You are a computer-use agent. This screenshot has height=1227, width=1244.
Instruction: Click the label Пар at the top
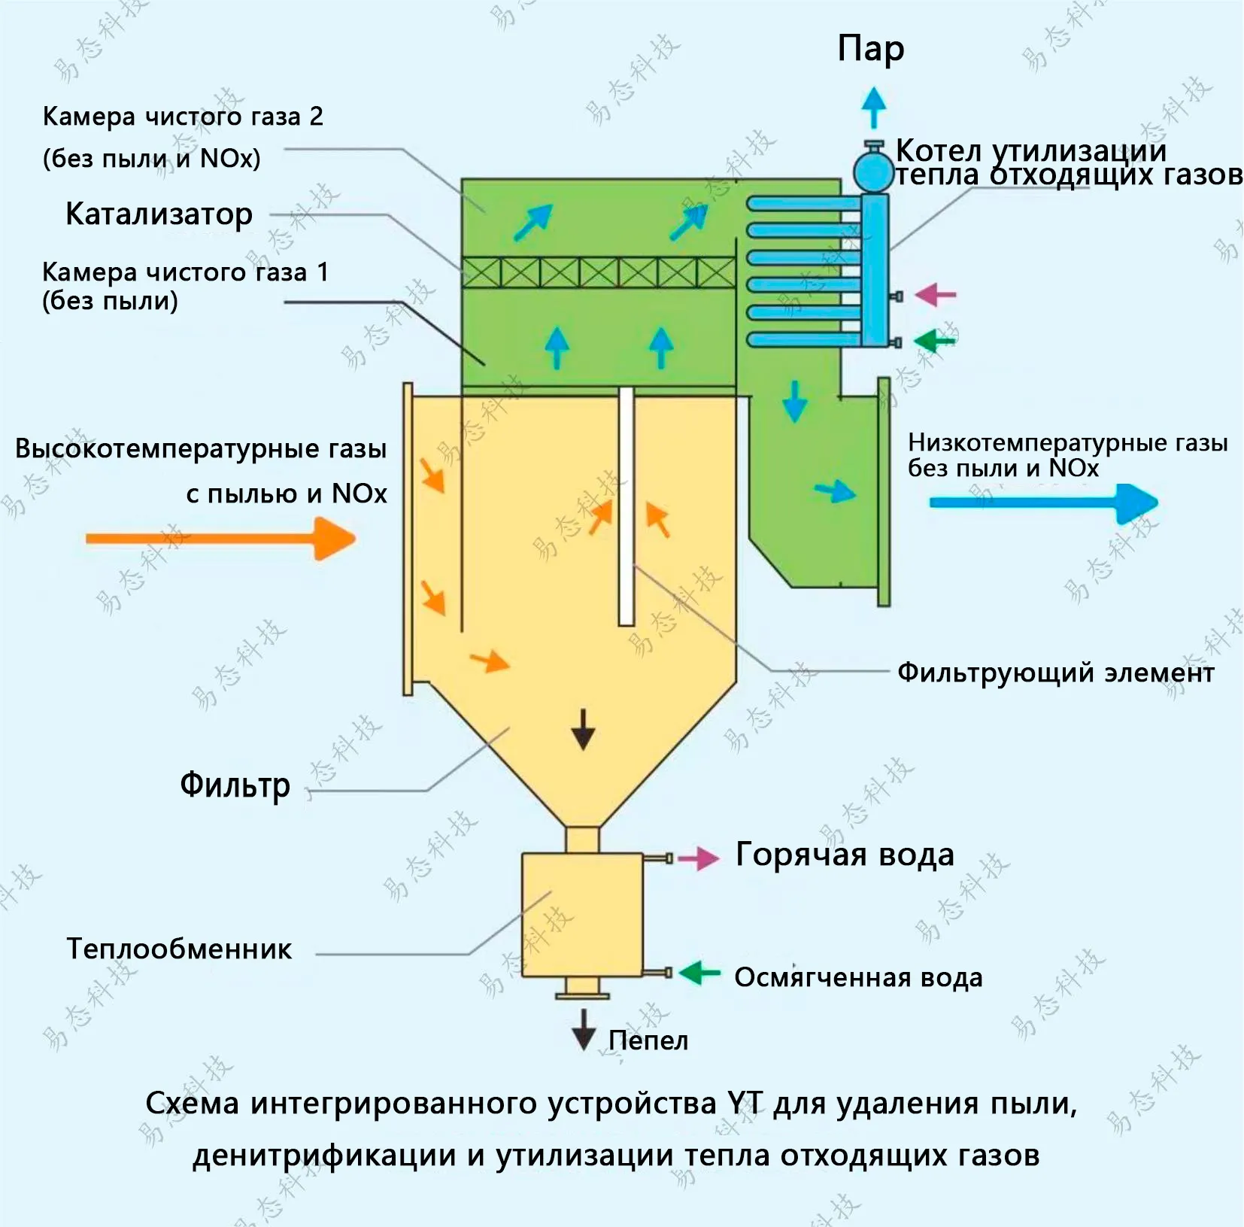[x=870, y=49]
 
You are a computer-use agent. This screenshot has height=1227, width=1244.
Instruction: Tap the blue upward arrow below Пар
[x=873, y=108]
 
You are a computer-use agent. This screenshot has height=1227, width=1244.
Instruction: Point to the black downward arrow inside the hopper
[x=583, y=728]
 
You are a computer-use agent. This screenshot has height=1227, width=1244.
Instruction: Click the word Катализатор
[x=159, y=214]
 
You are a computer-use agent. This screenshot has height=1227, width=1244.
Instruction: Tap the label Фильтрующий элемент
[x=1055, y=672]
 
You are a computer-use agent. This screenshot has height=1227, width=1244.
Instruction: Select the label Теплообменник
[x=179, y=949]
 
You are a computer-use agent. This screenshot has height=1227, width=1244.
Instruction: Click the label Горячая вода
[x=845, y=855]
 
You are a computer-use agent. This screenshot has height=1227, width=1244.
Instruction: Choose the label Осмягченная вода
[x=858, y=977]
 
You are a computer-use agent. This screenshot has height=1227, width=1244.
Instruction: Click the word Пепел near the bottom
[x=648, y=1040]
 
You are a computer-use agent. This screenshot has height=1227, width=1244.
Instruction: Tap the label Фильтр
[x=235, y=785]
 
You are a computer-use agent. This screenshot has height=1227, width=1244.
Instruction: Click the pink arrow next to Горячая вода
[x=699, y=858]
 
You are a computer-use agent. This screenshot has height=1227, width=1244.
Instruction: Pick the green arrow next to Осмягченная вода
[x=699, y=973]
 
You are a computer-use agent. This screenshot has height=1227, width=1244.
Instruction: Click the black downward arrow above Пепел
[x=583, y=1029]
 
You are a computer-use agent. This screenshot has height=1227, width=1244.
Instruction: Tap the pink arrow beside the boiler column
[x=935, y=294]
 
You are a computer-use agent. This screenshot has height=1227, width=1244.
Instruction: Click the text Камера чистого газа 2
[x=183, y=117]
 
